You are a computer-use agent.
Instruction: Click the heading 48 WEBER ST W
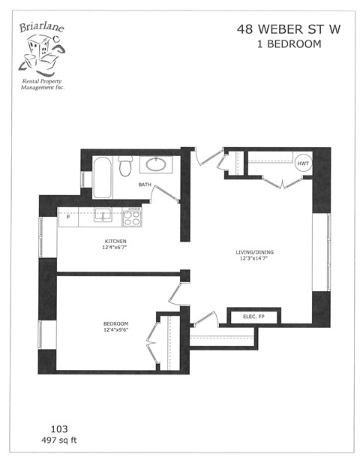click(x=278, y=29)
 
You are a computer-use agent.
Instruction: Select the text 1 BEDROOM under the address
click(x=278, y=44)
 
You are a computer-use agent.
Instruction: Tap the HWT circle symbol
click(x=303, y=164)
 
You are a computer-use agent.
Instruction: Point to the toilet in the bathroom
click(x=125, y=164)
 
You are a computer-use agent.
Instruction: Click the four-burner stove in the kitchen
click(x=132, y=217)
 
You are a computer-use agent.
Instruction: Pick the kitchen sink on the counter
click(x=103, y=216)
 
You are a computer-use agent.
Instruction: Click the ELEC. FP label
click(x=253, y=318)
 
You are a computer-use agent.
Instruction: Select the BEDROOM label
click(x=116, y=324)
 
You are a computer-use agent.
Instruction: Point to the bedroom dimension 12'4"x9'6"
click(x=116, y=331)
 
